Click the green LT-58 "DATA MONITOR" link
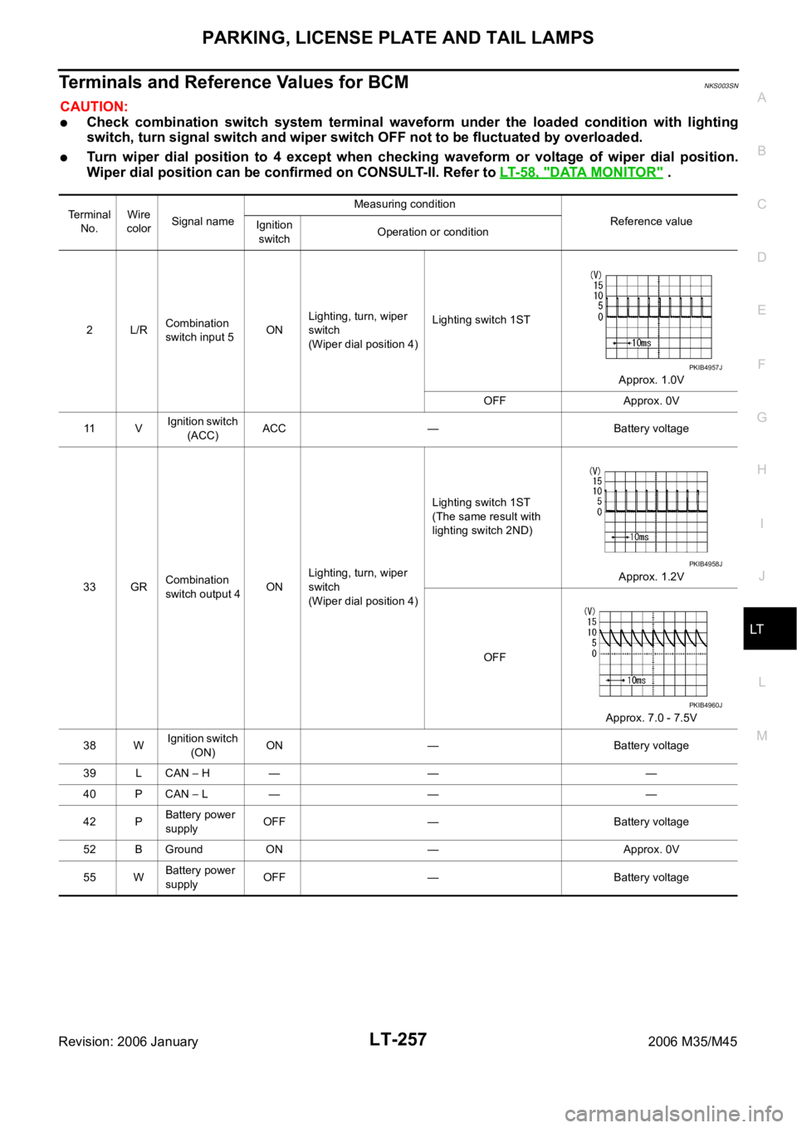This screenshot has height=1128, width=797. coord(581,172)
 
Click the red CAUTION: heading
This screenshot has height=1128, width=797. coord(94,107)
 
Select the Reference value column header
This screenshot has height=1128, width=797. coord(651,221)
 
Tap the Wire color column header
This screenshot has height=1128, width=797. coord(139,222)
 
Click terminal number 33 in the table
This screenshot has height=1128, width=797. coord(90,586)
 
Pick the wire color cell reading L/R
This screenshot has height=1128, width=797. coord(139,330)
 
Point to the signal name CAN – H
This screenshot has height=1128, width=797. coord(188,773)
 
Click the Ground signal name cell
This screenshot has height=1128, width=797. coord(183,849)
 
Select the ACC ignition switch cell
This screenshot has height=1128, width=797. coord(274,428)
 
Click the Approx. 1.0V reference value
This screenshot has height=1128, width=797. coord(651,380)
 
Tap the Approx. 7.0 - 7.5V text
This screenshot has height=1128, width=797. coord(651,718)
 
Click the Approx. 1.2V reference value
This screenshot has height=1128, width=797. coord(651,576)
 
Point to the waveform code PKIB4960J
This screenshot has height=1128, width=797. coord(706,705)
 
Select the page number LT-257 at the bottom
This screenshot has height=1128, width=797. coord(398,1039)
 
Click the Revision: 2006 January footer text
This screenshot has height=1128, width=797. coord(129,1042)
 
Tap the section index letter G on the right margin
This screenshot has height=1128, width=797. coord(762,417)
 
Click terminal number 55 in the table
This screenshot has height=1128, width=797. coord(90,877)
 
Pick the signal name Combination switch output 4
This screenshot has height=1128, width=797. coord(203,586)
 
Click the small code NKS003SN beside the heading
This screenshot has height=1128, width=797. coord(721,86)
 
